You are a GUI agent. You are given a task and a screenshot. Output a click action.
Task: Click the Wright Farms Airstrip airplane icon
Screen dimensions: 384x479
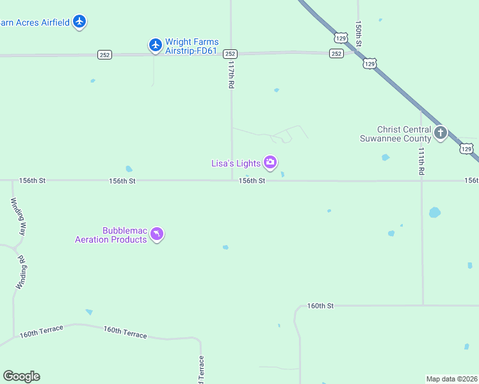(155, 44)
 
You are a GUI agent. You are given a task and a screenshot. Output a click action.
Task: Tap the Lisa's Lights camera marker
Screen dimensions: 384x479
(270, 163)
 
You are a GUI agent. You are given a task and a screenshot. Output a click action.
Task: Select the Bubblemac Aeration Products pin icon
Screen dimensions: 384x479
(157, 235)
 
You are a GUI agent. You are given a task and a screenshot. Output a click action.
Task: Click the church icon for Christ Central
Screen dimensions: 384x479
(440, 133)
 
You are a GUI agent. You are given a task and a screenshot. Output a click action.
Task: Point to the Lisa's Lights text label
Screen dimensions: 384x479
(236, 163)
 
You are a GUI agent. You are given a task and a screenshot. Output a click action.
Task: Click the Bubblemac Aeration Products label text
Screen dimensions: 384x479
(111, 235)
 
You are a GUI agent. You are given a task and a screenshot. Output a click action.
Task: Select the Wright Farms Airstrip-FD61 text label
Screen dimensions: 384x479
(192, 46)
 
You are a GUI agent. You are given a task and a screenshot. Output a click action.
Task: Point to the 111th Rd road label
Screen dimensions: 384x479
(421, 161)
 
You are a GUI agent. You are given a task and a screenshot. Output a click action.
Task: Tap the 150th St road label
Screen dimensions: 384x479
(359, 33)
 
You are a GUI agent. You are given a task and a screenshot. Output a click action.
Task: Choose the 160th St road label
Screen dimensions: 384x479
(320, 306)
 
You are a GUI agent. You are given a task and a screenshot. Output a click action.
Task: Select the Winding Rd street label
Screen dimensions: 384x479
(20, 272)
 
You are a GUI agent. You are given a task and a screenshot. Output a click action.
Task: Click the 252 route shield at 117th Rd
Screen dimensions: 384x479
(231, 54)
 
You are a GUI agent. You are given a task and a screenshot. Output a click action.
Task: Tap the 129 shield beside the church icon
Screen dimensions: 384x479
(466, 148)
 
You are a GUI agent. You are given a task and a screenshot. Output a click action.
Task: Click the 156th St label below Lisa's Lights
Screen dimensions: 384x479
(252, 181)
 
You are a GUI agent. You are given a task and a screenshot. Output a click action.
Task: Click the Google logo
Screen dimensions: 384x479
(21, 376)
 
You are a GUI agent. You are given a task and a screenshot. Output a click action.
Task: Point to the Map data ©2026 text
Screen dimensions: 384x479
(451, 379)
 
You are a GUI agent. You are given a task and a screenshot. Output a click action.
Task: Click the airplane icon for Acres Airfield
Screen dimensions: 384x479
(79, 22)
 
